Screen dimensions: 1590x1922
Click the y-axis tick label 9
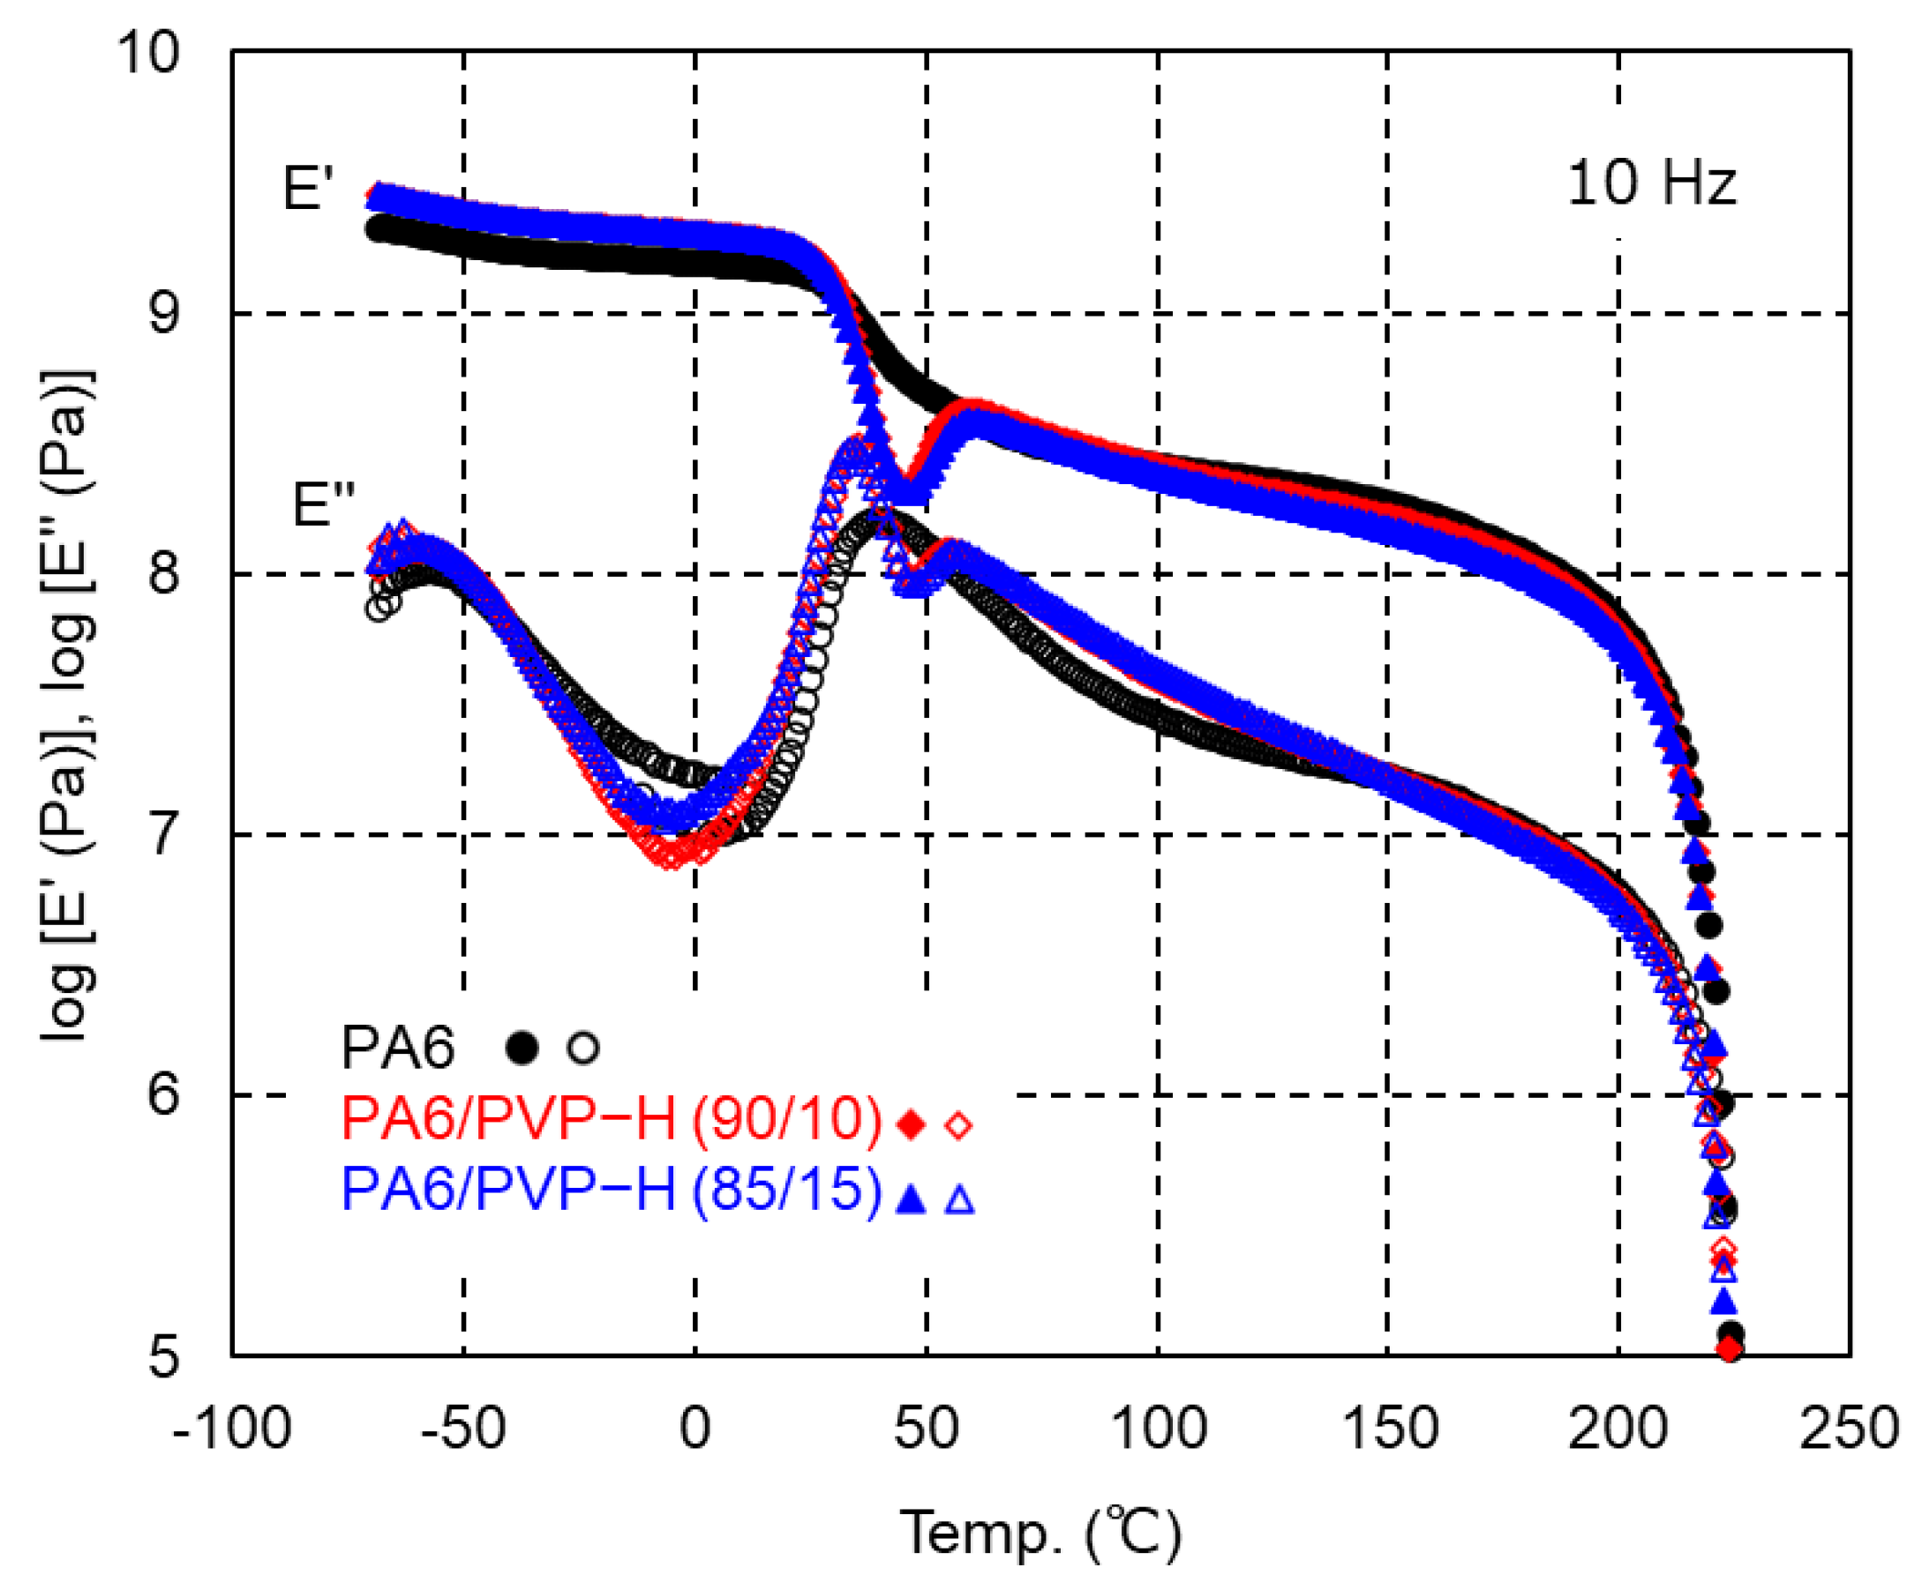tap(165, 314)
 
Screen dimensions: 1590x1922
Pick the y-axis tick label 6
tap(165, 1094)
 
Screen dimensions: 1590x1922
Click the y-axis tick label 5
tap(165, 1355)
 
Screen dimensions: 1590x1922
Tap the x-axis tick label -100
tap(231, 1427)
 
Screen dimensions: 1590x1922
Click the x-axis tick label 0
tap(694, 1427)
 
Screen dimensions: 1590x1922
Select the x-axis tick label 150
tap(1388, 1427)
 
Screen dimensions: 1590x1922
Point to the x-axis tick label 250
tap(1849, 1427)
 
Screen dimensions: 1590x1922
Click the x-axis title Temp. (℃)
tap(1040, 1533)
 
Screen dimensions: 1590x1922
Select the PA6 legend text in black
tap(397, 1048)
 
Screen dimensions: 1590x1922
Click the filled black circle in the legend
tap(522, 1049)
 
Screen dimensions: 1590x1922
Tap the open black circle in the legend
tap(583, 1049)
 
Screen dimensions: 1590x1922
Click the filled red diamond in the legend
tap(911, 1124)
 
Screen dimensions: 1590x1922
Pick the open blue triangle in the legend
tap(959, 1198)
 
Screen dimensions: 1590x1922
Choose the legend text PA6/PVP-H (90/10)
tap(612, 1118)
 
